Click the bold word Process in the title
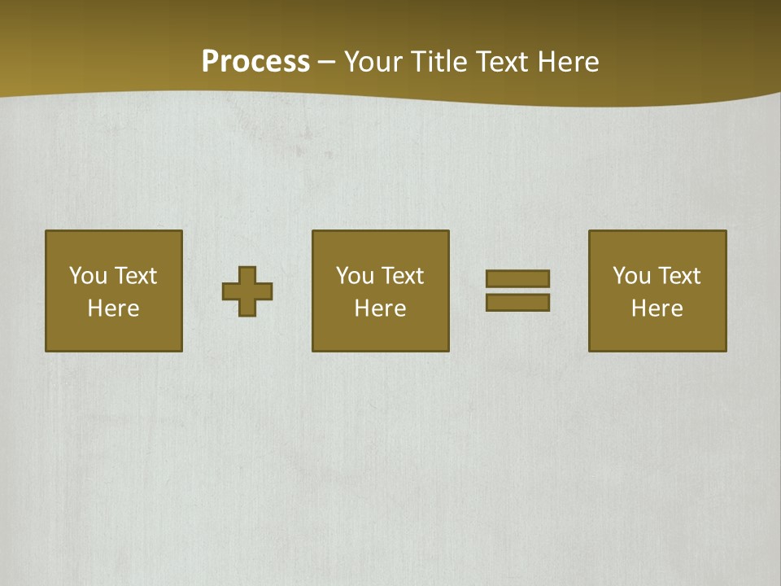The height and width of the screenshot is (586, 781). coord(255,62)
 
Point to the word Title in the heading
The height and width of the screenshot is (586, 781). coord(439,62)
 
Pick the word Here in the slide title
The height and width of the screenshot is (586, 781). coord(569,62)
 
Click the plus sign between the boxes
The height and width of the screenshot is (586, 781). coord(247,291)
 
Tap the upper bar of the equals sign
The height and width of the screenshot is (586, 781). coord(517,278)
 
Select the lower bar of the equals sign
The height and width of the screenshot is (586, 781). coord(517,302)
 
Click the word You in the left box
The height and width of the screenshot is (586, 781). coord(88,276)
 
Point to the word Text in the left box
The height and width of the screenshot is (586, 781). coord(135,276)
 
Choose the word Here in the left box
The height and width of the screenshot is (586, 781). coord(113,308)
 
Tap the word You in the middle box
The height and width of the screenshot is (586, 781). coord(355,276)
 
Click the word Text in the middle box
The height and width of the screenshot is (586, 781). coord(402,276)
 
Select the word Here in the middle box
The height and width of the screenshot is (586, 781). coord(380,308)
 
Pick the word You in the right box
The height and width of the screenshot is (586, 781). coord(631,276)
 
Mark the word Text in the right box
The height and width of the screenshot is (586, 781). coord(678,276)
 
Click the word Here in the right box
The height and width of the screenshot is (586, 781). coord(657,308)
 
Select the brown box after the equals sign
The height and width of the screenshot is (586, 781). coord(657,334)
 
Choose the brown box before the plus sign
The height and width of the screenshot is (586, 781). coord(114,334)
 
